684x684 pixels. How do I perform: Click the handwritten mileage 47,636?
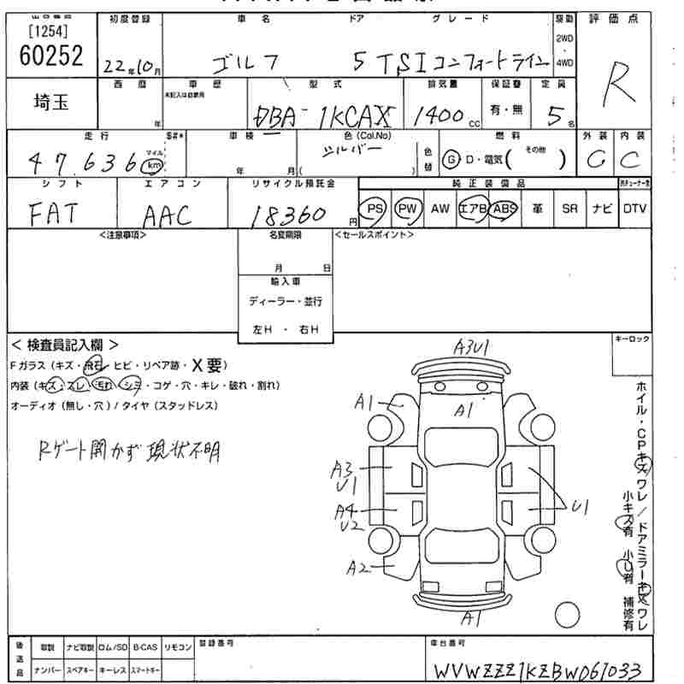(81, 161)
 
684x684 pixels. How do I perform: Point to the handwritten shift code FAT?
(54, 213)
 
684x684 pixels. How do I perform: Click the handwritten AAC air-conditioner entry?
(168, 215)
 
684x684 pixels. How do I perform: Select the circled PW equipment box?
(409, 208)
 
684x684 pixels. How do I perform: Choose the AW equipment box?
(440, 208)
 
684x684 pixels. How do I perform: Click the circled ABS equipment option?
(504, 208)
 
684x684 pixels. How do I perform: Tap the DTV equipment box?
(634, 208)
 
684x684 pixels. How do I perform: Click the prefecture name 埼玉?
(52, 103)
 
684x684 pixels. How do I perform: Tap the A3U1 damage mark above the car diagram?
(471, 347)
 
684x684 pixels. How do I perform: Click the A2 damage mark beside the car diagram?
(358, 567)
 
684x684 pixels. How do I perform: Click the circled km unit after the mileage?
(154, 164)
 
